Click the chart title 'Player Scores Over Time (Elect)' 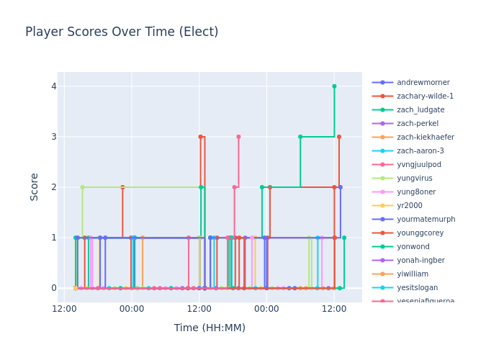coord(122,32)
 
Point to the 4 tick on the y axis coord(53,86)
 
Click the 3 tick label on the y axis coord(53,137)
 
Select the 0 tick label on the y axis coord(53,288)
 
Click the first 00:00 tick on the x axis coord(131,309)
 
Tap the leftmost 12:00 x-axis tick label coord(64,309)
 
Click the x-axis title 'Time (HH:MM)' coord(210,328)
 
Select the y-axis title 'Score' coord(35,186)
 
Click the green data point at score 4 coord(334,86)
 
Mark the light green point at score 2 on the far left coord(82,187)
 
